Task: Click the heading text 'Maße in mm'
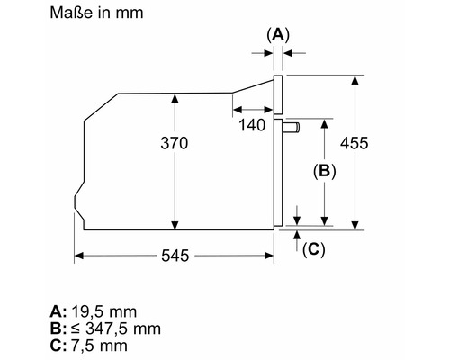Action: click(x=96, y=13)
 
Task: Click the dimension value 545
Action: click(x=175, y=256)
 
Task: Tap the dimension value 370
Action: click(x=175, y=143)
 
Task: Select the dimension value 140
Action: click(x=252, y=125)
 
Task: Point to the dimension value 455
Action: click(x=354, y=143)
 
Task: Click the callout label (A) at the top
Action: click(x=278, y=35)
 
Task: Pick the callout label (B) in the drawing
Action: click(x=325, y=171)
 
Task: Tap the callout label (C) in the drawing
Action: click(x=314, y=249)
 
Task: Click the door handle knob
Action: click(x=291, y=128)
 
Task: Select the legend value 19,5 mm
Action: click(x=104, y=311)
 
